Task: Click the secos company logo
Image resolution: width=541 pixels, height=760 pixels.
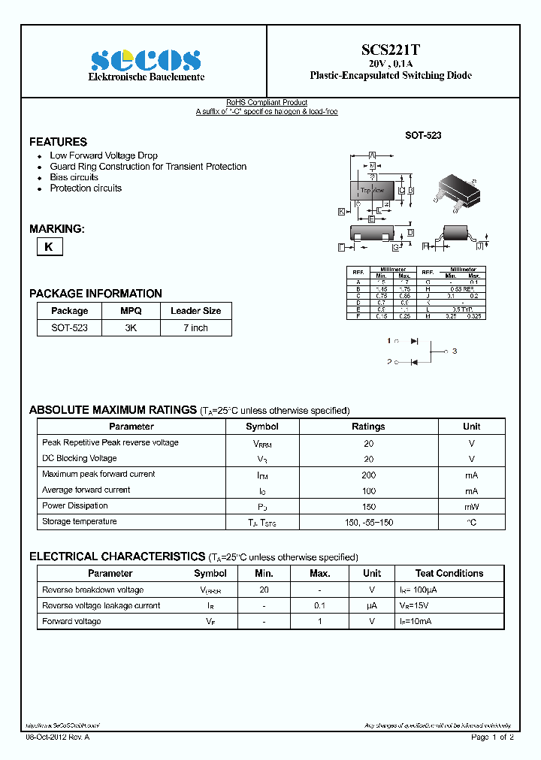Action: (x=146, y=59)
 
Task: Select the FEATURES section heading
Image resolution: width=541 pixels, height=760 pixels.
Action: (x=58, y=142)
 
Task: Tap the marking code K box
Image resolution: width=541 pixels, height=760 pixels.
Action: (x=49, y=246)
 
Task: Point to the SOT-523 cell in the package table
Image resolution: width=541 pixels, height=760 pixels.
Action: (x=69, y=327)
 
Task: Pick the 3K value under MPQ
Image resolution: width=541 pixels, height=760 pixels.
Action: (x=130, y=327)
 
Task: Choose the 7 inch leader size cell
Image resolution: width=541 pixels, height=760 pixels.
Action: (x=195, y=327)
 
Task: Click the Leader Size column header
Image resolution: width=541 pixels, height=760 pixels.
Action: (x=195, y=311)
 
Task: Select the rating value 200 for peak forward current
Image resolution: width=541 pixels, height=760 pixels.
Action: (x=368, y=475)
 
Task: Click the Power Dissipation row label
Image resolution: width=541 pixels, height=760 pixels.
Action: (x=75, y=505)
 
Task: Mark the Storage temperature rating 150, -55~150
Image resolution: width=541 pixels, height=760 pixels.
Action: (x=368, y=522)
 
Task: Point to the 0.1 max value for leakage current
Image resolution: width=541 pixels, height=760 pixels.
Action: (x=319, y=605)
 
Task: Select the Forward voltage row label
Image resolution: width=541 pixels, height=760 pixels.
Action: (x=71, y=621)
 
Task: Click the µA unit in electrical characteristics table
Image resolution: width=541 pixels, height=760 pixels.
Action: (x=371, y=605)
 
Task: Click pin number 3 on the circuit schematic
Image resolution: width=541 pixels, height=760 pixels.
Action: (x=455, y=351)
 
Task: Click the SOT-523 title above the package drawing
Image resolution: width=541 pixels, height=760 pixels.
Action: (x=423, y=135)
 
